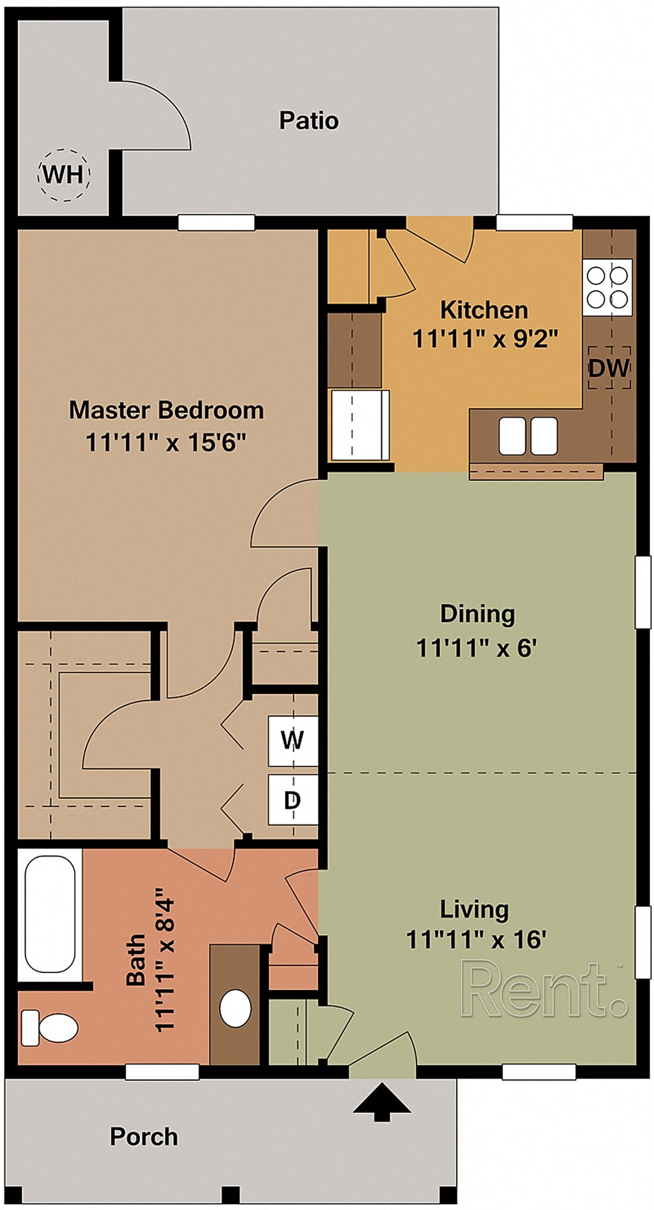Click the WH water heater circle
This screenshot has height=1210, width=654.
point(65,175)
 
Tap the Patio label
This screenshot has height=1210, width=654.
point(308,121)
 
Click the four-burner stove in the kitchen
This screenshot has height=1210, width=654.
point(607,287)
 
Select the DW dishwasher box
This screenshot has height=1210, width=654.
point(609,368)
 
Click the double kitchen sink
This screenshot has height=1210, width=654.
point(528,435)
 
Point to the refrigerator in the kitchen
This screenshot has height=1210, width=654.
point(360,425)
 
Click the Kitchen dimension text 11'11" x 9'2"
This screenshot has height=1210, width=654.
point(485,338)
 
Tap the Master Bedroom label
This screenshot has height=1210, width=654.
point(166,410)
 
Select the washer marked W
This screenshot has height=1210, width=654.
point(293,741)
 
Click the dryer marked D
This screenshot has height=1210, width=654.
point(293,799)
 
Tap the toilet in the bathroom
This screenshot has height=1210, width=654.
point(49,1028)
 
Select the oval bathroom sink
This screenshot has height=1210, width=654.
point(236,1008)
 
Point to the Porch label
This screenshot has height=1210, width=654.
point(144,1137)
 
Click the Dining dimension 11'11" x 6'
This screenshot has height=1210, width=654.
point(476,648)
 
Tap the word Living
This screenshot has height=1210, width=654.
point(474,909)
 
